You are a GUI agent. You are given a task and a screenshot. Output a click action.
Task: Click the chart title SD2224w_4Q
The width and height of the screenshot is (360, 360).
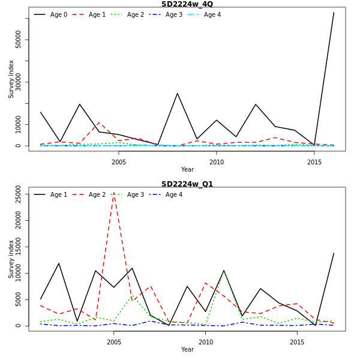[187, 4]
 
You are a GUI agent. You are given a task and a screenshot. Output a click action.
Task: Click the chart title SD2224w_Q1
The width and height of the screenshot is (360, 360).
[187, 184]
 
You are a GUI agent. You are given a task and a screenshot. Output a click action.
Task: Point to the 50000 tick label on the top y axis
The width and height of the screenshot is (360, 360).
[19, 40]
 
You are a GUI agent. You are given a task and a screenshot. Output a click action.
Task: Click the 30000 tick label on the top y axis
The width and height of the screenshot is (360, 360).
[19, 82]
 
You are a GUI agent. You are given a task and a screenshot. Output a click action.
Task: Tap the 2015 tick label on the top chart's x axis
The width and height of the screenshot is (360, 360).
[314, 162]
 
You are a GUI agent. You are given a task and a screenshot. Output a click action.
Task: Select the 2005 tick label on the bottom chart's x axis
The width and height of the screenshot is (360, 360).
[114, 342]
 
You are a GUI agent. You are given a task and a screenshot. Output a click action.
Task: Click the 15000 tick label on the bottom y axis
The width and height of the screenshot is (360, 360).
[19, 247]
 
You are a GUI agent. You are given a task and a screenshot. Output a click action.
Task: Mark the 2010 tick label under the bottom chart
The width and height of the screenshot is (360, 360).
[206, 342]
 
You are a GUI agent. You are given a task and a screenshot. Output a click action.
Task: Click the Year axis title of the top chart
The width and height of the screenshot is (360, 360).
[187, 170]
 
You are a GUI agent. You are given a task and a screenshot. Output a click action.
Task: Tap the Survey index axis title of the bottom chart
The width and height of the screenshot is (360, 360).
[11, 259]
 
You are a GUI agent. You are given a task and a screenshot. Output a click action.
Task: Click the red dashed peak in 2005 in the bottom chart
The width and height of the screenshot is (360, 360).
[114, 193]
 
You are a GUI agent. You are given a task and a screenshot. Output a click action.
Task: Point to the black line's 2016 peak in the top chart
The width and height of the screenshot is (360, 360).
[334, 13]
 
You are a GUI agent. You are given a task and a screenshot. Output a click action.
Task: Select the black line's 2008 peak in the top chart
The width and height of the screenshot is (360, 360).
[177, 93]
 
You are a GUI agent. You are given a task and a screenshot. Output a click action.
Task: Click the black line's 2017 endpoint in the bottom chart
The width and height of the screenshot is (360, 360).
[334, 253]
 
